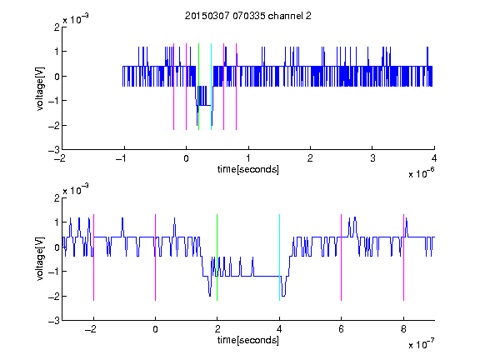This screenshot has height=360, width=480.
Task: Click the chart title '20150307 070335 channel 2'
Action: [x=248, y=16]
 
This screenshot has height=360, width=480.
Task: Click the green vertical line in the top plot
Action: [x=198, y=87]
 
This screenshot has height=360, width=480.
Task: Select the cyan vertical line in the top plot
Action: [x=211, y=87]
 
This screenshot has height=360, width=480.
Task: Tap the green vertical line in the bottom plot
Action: [x=217, y=257]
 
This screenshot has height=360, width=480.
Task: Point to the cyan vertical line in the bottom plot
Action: [x=279, y=257]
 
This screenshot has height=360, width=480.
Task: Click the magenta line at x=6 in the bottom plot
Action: [x=342, y=257]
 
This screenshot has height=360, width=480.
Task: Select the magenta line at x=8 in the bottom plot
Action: [x=404, y=257]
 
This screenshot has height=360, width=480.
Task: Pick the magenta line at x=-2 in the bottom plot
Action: [x=93, y=257]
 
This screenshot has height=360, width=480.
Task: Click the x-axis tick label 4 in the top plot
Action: [x=434, y=158]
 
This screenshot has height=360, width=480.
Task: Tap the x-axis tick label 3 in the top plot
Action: [x=372, y=158]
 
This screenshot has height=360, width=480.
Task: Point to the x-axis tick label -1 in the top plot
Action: [x=122, y=158]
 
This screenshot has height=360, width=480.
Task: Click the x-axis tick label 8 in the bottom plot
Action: [x=403, y=329]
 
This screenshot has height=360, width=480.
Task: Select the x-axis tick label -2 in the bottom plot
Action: [x=91, y=329]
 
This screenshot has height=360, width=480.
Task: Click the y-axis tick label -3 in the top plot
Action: [x=54, y=150]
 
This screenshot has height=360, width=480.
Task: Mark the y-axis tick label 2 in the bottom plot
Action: [x=57, y=197]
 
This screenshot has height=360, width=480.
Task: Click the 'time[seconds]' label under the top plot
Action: [x=248, y=169]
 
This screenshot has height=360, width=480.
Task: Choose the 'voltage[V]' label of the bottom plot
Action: [x=40, y=258]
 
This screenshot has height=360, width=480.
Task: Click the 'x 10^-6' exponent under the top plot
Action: [x=422, y=173]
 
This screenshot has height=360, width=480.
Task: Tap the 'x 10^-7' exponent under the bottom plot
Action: [x=422, y=344]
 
